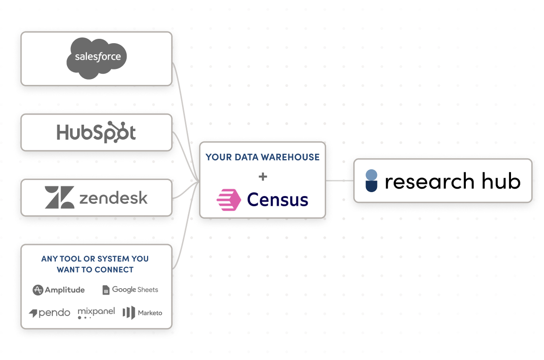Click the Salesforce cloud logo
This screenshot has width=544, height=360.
97,58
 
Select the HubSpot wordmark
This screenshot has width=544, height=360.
96,132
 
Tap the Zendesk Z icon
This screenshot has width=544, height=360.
59,197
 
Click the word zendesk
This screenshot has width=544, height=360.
113,197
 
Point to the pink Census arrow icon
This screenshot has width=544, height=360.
229,200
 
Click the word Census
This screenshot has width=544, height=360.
278,199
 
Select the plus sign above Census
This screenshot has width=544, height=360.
263,177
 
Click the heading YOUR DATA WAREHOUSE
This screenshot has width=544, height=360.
263,157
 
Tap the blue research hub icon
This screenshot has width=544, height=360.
371,180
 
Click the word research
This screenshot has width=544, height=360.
429,181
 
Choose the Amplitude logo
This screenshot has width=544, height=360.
59,290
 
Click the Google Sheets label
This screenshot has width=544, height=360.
130,290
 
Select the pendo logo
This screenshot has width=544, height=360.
49,313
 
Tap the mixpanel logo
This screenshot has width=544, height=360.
96,312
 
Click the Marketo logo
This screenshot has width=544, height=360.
142,313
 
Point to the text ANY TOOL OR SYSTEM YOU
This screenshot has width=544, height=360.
95,259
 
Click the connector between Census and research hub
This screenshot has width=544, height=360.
339,180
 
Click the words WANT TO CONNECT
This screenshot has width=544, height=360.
95,270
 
